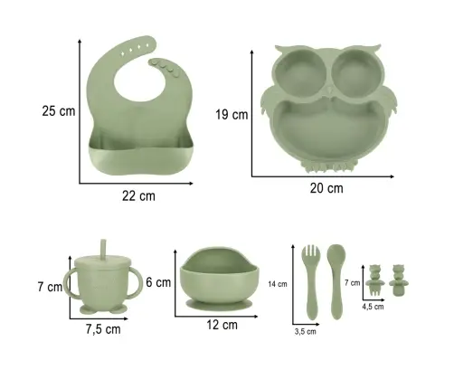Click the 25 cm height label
pyautogui.click(x=59, y=111)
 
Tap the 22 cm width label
pyautogui.click(x=138, y=196)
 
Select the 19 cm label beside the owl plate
pyautogui.click(x=232, y=115)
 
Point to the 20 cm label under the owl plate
pyautogui.click(x=326, y=188)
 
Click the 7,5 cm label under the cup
pyautogui.click(x=103, y=329)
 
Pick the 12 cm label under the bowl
pyautogui.click(x=222, y=325)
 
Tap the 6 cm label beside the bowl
pyautogui.click(x=158, y=282)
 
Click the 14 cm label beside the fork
pyautogui.click(x=278, y=284)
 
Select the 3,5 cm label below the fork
pyautogui.click(x=306, y=332)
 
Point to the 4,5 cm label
pyautogui.click(x=373, y=307)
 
